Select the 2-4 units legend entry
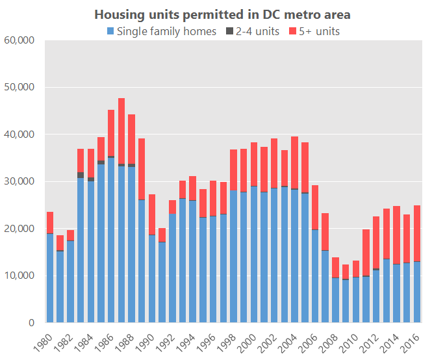pyautogui.click(x=257, y=31)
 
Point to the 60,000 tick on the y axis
pyautogui.click(x=19, y=40)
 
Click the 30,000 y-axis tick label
pyautogui.click(x=19, y=181)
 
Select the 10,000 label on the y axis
pyautogui.click(x=19, y=276)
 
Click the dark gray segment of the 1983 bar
pyautogui.click(x=81, y=175)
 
